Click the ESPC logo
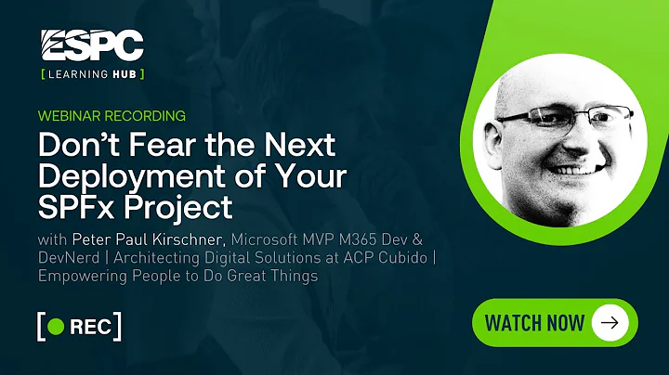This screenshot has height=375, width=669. click(92, 45)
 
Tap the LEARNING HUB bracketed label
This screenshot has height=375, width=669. click(92, 72)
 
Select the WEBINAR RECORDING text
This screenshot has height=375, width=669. click(111, 116)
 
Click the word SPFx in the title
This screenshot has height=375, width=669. click(77, 203)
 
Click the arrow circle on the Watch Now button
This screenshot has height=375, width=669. click(610, 323)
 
